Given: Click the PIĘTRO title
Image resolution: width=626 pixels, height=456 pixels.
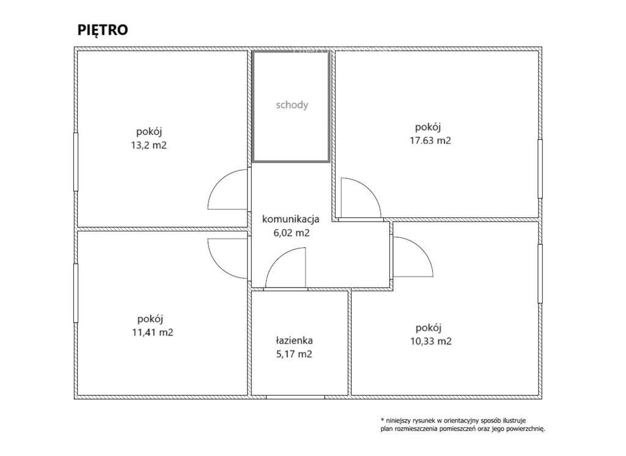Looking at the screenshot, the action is [x=103, y=30].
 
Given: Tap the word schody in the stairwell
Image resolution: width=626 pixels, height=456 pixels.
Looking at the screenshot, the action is [x=292, y=105].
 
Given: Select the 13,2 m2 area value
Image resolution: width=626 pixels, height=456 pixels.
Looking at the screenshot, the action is [x=149, y=145].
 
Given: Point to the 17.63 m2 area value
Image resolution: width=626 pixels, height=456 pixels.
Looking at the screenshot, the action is [x=430, y=140].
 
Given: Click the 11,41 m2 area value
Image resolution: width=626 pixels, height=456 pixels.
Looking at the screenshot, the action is [x=152, y=332].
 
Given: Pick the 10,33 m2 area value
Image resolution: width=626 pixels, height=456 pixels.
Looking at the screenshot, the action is [x=431, y=341].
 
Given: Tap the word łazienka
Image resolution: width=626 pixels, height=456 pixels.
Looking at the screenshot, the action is [x=294, y=341].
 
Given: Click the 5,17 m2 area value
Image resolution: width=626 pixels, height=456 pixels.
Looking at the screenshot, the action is [x=294, y=354].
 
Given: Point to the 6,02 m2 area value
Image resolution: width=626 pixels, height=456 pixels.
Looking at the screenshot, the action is [x=292, y=233].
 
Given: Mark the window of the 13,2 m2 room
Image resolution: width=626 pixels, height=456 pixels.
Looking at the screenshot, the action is [x=75, y=162].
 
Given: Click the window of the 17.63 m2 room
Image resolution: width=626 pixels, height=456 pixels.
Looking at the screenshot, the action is [x=540, y=168].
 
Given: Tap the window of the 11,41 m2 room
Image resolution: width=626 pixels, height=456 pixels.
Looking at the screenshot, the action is [x=75, y=293].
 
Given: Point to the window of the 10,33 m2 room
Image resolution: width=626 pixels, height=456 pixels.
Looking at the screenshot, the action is [x=540, y=273].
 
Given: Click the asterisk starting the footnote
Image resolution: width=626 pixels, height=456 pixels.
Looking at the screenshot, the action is [x=382, y=420].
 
